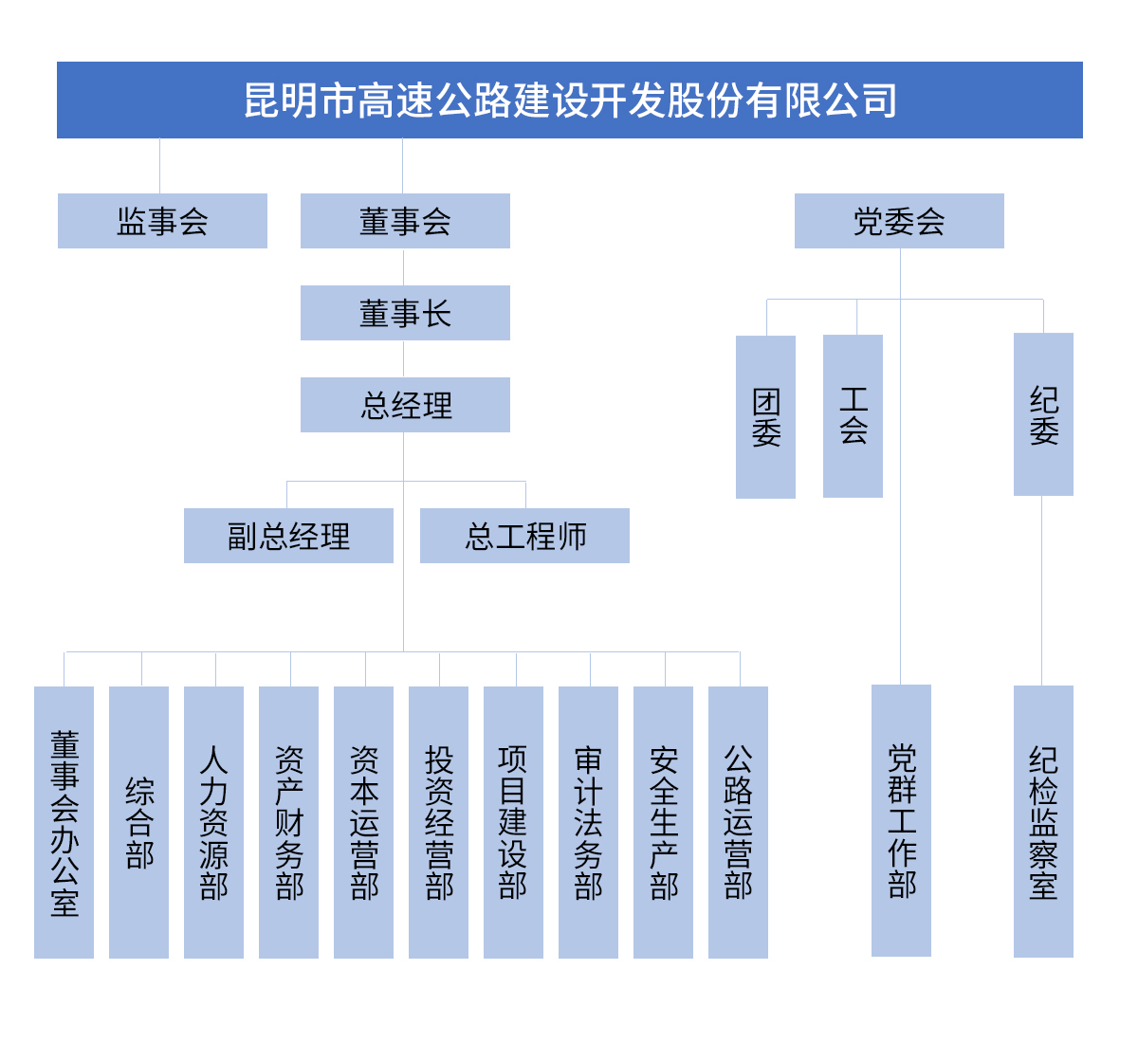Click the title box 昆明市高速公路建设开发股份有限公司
[569, 101]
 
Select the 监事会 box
[162, 221]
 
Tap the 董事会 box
[405, 221]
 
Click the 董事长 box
[405, 313]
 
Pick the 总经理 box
[405, 405]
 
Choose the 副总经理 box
[288, 536]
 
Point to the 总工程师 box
[524, 536]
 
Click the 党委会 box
[899, 221]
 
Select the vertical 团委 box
[765, 417]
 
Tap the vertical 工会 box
[853, 416]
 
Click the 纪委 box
[1043, 414]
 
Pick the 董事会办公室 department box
[64, 822]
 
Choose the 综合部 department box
[138, 822]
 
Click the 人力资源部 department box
[213, 822]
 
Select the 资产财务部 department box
[288, 822]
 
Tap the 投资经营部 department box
[438, 822]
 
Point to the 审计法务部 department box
[588, 822]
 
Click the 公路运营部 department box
[738, 822]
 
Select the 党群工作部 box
[901, 820]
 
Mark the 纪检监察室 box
[1043, 821]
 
